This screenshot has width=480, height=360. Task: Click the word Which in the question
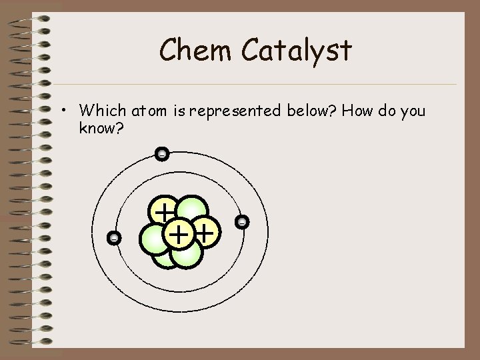coord(100,110)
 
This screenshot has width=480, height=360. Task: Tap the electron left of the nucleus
coord(115,237)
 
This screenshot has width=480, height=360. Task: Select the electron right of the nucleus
coord(242,221)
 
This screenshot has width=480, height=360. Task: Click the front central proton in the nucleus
coord(178,234)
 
